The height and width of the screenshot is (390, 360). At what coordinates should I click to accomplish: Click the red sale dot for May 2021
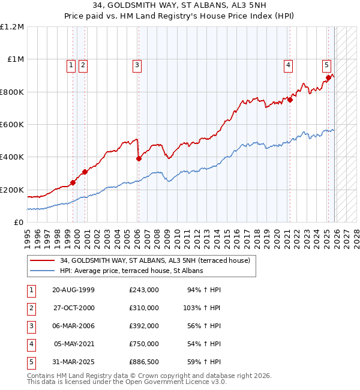[x=289, y=100]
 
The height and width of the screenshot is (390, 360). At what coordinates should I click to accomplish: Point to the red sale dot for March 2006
[x=139, y=158]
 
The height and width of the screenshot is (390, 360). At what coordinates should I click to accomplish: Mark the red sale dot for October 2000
[x=85, y=172]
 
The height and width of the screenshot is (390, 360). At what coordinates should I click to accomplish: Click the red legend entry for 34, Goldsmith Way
[x=158, y=260]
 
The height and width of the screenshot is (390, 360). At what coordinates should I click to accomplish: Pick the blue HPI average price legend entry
[x=131, y=271]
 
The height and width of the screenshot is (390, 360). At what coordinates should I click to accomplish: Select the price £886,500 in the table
[x=143, y=362]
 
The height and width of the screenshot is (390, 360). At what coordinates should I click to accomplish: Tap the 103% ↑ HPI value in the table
[x=203, y=307]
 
